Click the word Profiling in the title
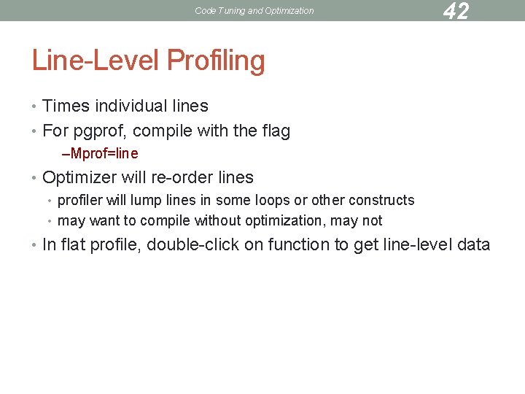[216, 61]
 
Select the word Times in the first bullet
[66, 106]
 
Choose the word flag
[274, 131]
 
